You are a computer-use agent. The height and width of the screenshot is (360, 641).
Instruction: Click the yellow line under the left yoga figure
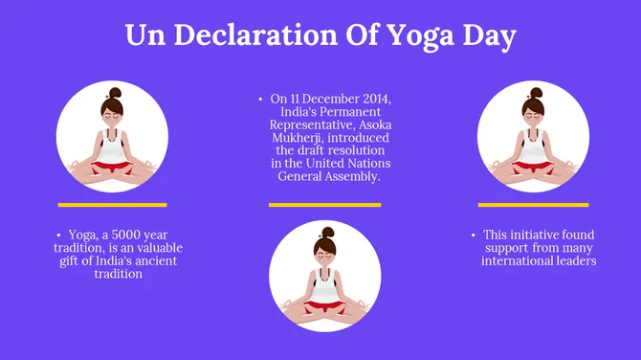pyautogui.click(x=112, y=204)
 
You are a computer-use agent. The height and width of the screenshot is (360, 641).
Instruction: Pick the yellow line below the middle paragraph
pyautogui.click(x=324, y=204)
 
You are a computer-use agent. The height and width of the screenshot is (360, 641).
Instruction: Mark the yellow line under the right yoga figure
pyautogui.click(x=533, y=204)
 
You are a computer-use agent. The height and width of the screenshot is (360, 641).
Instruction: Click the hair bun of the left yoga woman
pyautogui.click(x=115, y=93)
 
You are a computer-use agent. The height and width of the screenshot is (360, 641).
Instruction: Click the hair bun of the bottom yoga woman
pyautogui.click(x=327, y=233)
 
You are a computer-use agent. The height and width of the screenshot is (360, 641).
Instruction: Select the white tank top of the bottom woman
pyautogui.click(x=326, y=284)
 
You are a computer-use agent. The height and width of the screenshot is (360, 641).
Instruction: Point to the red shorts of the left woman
pyautogui.click(x=113, y=168)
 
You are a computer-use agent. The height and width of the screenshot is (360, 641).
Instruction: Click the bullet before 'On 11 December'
pyautogui.click(x=260, y=99)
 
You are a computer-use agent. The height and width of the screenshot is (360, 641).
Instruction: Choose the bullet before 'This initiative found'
pyautogui.click(x=474, y=235)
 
